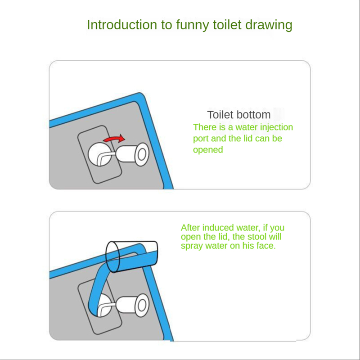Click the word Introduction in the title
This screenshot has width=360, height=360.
click(x=122, y=25)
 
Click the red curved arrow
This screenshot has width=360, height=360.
click(x=114, y=139)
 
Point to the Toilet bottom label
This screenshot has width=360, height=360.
click(x=239, y=115)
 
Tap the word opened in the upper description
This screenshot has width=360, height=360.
click(x=208, y=150)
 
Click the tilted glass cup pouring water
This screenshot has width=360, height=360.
click(x=132, y=256)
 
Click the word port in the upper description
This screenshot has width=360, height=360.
click(x=201, y=139)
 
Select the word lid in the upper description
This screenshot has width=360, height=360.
click(x=248, y=139)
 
